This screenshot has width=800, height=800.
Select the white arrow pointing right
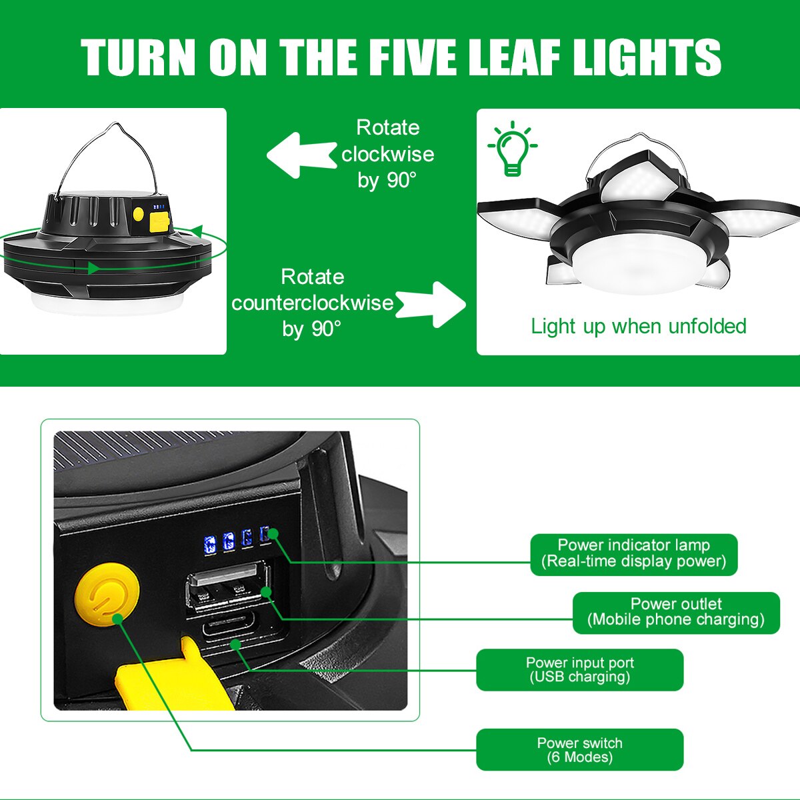(431, 304)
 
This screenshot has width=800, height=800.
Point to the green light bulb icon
(512, 149)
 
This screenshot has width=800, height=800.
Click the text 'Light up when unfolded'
(639, 326)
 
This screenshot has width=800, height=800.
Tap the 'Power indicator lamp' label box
(633, 554)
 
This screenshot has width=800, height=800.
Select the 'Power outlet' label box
(676, 613)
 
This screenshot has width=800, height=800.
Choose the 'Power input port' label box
(579, 669)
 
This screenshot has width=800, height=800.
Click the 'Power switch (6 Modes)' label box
(579, 749)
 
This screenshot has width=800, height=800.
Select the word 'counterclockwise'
(312, 303)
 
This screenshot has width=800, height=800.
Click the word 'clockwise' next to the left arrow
(388, 155)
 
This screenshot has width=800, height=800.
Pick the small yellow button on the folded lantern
(138, 214)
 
